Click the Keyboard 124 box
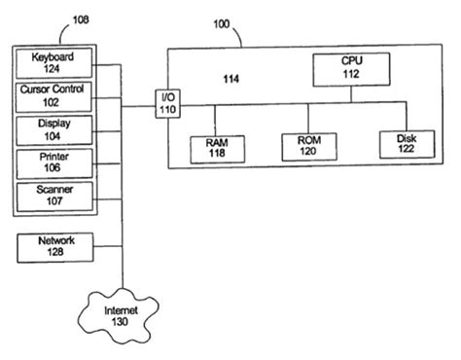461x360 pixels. pos(54,63)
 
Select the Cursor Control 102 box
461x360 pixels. pos(54,96)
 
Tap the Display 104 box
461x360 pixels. pos(54,129)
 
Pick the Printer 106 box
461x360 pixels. pos(54,162)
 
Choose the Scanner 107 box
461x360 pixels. pos(54,194)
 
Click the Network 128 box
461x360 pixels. pos(55,246)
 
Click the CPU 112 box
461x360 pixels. pos(351,68)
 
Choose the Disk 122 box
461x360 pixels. pos(405,144)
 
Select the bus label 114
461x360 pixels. pos(230,78)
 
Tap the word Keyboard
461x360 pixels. pos(54,57)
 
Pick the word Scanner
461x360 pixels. pos(54,188)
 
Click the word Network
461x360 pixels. pos(55,240)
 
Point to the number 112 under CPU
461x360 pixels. pos(351,74)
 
